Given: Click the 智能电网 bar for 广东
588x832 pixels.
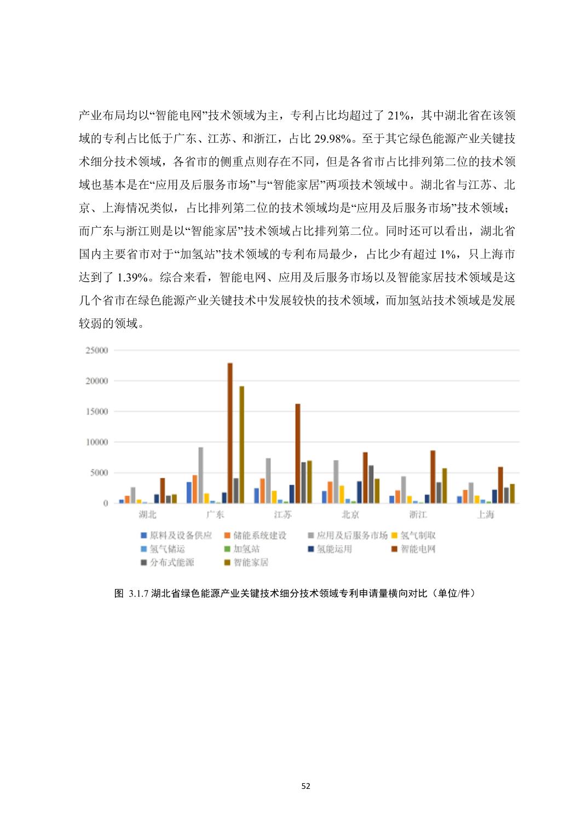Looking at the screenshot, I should coord(230,433).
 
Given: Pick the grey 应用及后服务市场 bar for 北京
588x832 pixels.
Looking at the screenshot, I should coord(336,482).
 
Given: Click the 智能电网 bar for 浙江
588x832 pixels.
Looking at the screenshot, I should coord(433,477).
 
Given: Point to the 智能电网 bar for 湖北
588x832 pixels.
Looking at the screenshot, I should coord(162,490).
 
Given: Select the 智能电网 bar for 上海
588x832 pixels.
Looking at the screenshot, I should coord(500,485).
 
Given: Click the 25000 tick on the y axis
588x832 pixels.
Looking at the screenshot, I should coord(97,350).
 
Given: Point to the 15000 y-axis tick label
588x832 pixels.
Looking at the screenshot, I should coord(97,412).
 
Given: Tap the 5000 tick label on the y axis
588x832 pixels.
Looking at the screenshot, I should coord(99,473).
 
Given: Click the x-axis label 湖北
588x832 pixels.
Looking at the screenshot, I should coord(147,515).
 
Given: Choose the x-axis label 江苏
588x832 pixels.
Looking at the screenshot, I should coord(283,515).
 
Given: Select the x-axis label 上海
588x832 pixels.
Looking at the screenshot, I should coord(486,515).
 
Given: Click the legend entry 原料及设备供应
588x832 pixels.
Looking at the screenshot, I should coord(180,535).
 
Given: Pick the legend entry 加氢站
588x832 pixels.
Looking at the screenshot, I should coord(246,549).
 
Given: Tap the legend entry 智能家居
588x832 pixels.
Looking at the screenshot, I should coord(250,563).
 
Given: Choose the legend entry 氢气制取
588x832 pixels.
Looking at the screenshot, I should coord(418,535).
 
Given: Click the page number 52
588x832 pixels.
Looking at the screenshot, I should coord(305,786).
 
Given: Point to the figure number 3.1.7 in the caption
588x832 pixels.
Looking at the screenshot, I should coord(139,593).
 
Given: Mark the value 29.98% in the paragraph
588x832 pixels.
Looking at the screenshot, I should coord(333,138).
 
